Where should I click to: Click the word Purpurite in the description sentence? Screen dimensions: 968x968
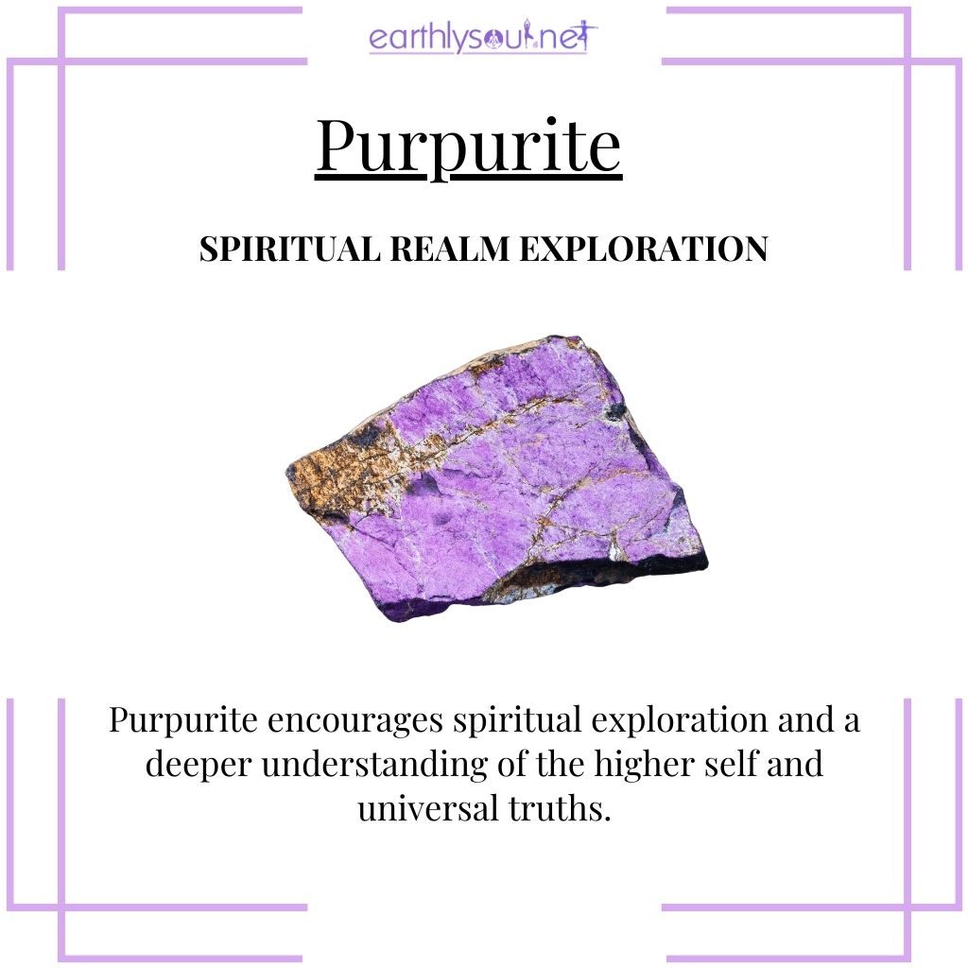coord(183,721)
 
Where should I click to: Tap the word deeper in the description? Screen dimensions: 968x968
coord(199,764)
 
